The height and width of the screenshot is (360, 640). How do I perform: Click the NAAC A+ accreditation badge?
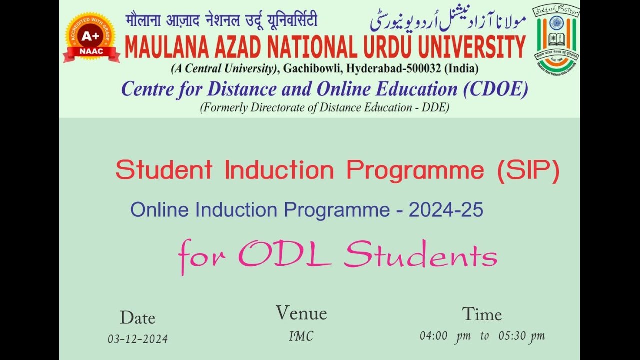pos(91,37)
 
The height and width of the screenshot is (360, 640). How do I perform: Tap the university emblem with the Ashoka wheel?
pos(556,39)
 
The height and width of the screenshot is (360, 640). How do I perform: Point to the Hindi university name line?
pos(221,21)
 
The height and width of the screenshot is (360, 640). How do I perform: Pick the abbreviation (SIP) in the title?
pos(528,170)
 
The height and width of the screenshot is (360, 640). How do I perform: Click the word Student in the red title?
pos(164,170)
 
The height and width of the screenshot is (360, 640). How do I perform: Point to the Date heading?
pos(137,318)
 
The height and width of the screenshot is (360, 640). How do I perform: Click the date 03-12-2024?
pos(138,339)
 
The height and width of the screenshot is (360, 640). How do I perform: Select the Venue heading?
pos(301,313)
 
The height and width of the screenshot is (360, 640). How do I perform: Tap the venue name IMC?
pos(301,337)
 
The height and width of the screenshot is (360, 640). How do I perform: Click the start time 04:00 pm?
pos(445,336)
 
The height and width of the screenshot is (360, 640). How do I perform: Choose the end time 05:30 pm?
pos(521,336)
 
